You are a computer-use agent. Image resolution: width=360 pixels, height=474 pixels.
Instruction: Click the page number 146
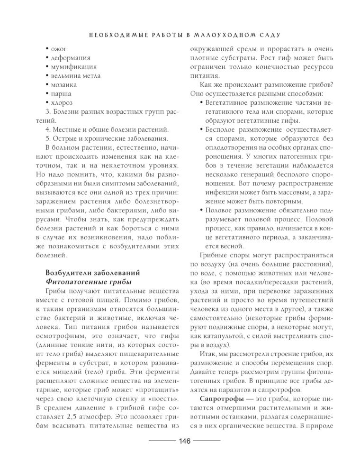coord(184,442)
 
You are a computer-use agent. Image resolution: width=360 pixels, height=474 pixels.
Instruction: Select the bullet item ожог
coord(60,49)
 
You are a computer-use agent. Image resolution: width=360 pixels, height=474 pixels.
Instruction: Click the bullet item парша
coord(62,93)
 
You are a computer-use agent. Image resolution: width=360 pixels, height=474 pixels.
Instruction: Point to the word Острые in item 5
coord(68,138)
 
